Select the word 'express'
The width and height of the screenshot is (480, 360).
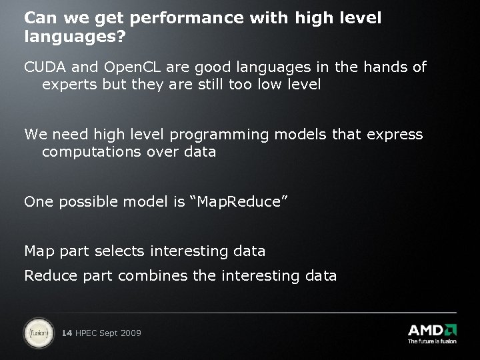[394, 135]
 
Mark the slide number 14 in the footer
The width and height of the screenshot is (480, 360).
[67, 332]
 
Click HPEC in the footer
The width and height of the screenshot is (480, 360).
[87, 332]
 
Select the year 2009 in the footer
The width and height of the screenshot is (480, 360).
[130, 332]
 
